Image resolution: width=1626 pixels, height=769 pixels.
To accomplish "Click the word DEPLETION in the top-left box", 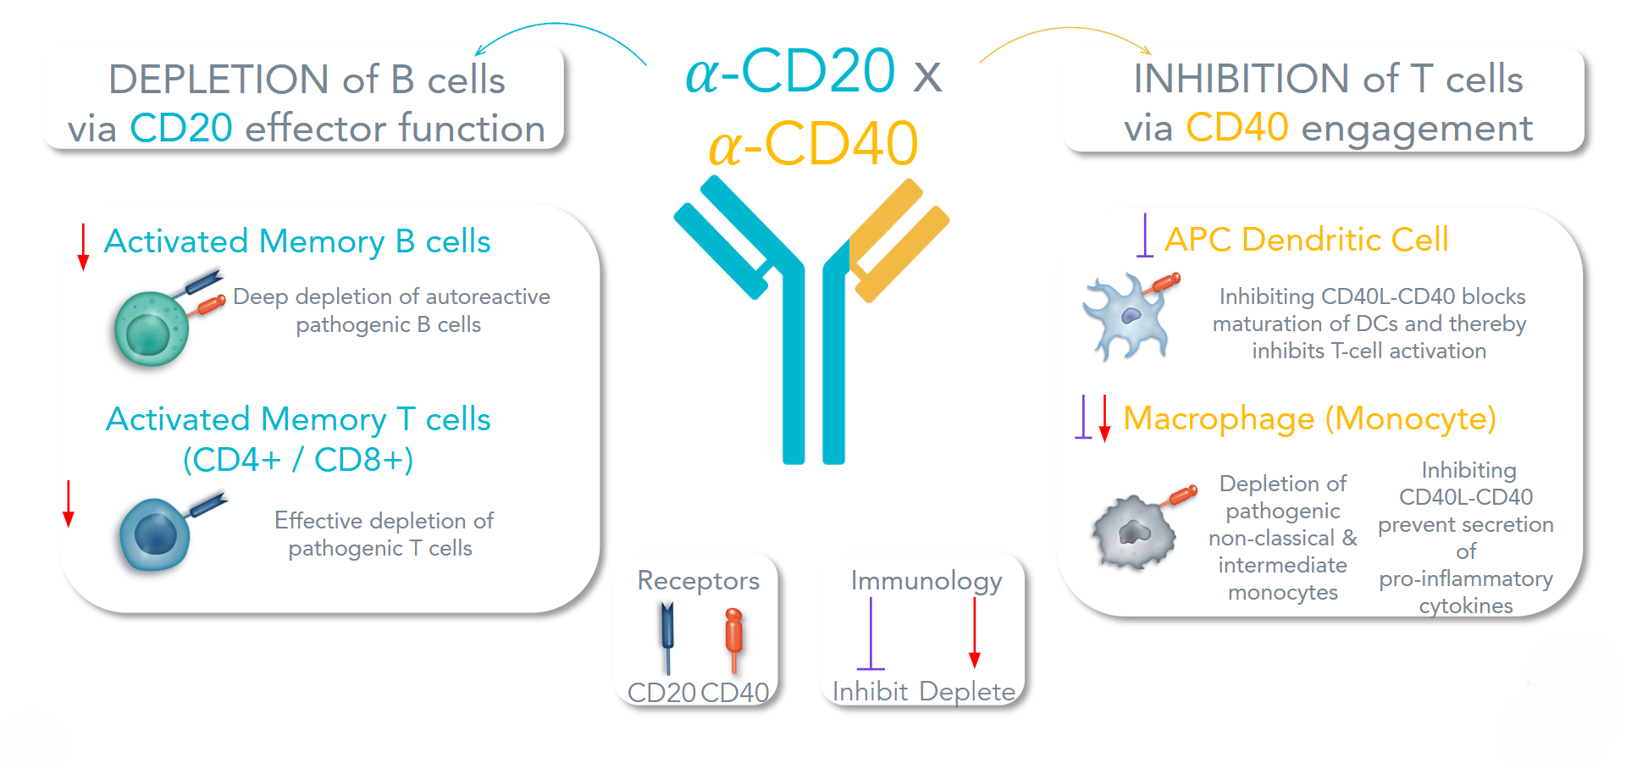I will (x=218, y=80).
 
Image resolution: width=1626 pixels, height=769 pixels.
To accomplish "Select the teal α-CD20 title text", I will (x=790, y=71).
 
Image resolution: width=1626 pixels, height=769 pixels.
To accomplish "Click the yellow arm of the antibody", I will (x=898, y=237).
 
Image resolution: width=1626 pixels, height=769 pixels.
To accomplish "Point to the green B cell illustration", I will (x=152, y=329).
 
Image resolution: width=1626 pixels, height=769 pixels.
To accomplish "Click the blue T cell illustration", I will (x=155, y=534).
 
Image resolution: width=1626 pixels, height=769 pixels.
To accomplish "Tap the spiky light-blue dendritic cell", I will (x=1126, y=318).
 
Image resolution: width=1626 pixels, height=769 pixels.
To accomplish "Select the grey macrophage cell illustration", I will (x=1134, y=533).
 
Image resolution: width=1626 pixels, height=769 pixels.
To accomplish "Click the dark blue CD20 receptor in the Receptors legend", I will (x=667, y=635).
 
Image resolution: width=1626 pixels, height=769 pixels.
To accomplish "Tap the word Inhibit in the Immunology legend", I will (x=870, y=692).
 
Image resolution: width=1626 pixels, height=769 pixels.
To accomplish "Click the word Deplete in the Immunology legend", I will (x=967, y=692).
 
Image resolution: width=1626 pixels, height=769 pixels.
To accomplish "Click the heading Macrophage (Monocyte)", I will (x=1309, y=418).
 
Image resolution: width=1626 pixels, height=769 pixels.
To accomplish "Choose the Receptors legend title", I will (x=698, y=580).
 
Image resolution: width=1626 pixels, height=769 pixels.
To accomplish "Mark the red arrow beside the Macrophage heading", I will (x=1104, y=418).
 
